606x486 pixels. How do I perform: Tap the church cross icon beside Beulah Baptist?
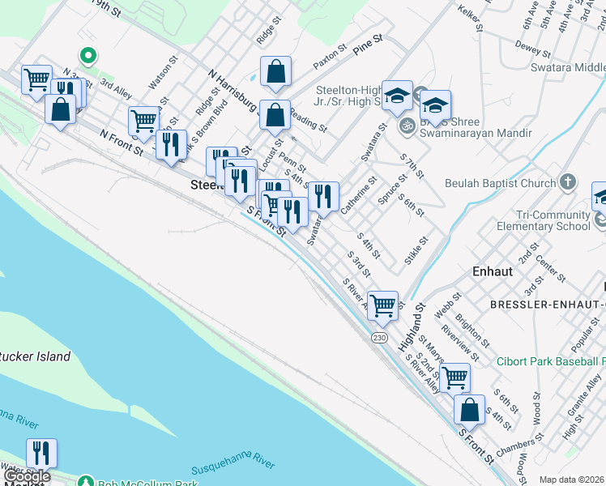pyautogui.click(x=568, y=182)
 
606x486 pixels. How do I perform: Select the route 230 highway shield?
pyautogui.click(x=379, y=336)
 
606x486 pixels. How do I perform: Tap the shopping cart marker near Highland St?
pyautogui.click(x=382, y=306)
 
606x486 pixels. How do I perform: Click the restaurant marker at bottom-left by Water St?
pyautogui.click(x=41, y=453)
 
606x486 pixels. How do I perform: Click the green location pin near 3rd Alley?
pyautogui.click(x=87, y=56)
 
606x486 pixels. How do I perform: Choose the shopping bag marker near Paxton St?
pyautogui.click(x=276, y=71)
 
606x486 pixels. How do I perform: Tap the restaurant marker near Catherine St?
pyautogui.click(x=322, y=196)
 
